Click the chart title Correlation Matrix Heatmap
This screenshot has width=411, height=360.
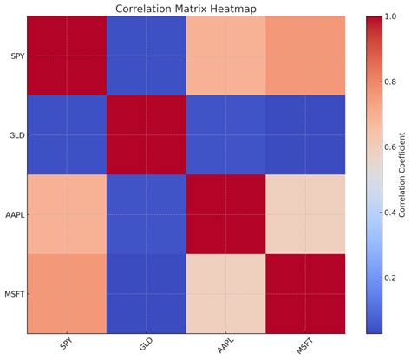(185, 9)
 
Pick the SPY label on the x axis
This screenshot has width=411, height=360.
(66, 345)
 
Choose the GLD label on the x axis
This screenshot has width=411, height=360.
(145, 345)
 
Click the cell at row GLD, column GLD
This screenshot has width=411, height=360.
(146, 134)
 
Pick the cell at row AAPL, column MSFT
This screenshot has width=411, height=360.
(303, 213)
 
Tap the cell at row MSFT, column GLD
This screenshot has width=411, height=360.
(146, 292)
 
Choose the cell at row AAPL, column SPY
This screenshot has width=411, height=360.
(67, 213)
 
